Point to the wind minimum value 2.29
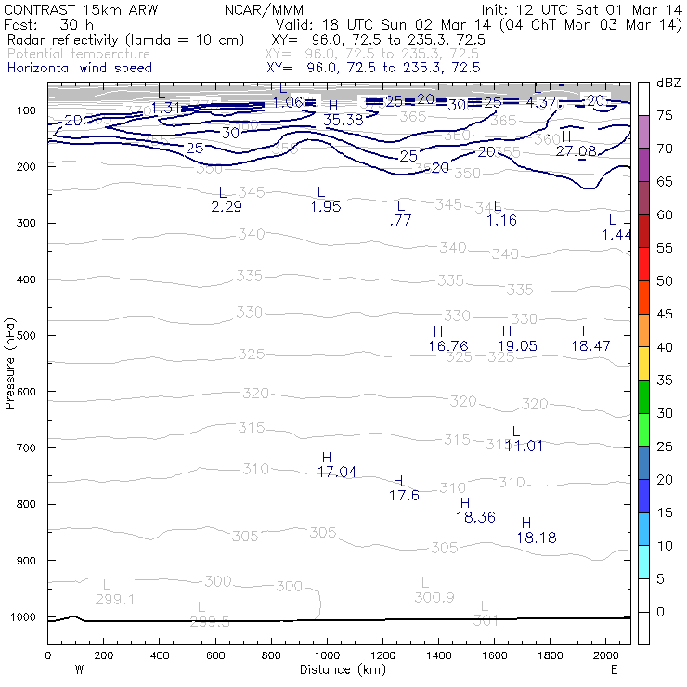227,206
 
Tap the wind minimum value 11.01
524,446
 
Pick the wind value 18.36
476,517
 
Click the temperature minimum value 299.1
115,599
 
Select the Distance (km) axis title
339,668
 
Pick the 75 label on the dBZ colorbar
666,115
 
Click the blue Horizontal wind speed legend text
80,68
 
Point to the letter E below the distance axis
614,668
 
